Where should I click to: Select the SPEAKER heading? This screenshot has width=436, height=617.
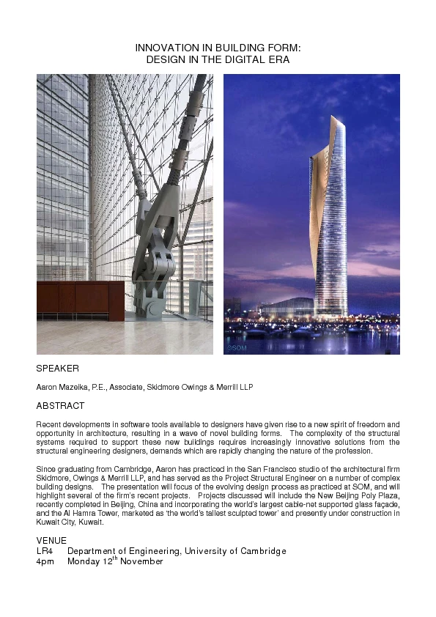coord(58,369)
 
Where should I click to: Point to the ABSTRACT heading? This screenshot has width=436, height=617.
coord(61,406)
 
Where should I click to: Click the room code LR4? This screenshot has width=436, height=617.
coord(45,551)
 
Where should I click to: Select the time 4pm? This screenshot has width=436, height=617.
coord(45,562)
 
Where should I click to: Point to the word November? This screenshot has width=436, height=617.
coord(141,562)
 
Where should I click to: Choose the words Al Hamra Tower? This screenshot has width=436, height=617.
coord(77,514)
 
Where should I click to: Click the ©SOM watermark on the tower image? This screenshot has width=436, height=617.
coord(237,348)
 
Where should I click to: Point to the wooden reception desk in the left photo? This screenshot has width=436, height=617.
coord(80,299)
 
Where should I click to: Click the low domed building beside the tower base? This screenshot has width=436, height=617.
coord(288,306)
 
